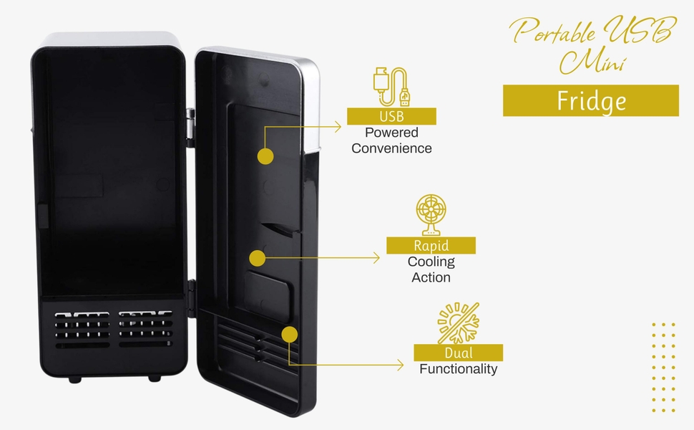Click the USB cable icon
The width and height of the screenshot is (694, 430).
click(391, 87)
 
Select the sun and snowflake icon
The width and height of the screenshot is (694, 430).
click(458, 323)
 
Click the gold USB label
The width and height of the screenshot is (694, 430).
click(391, 117)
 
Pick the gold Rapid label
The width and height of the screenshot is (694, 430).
click(431, 246)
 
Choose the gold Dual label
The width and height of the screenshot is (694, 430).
click(458, 353)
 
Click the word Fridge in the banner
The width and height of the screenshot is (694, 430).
click(591, 101)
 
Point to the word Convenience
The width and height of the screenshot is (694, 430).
click(391, 148)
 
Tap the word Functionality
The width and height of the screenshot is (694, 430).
click(458, 369)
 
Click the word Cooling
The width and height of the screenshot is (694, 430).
click(431, 262)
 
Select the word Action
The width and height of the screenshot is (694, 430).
click(431, 277)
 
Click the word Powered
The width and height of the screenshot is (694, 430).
click(391, 133)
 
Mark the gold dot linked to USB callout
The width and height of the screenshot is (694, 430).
click(265, 156)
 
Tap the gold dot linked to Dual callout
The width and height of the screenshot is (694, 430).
click(289, 335)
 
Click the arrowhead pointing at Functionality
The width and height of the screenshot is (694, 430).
click(401, 365)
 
